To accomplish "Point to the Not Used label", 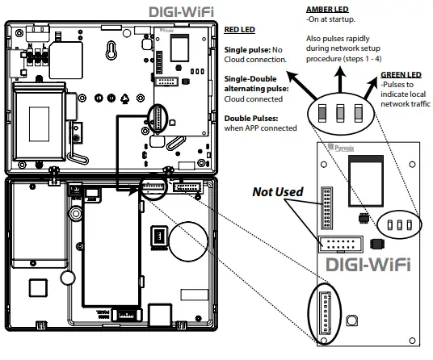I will (x=277, y=193).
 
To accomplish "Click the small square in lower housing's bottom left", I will (x=36, y=288).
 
